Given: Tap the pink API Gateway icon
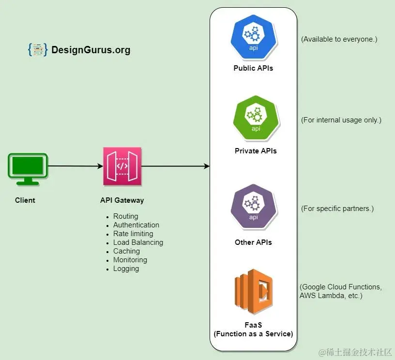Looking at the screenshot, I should (x=122, y=166).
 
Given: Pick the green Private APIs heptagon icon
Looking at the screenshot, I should (x=255, y=118).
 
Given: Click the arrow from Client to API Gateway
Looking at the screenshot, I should (x=75, y=166).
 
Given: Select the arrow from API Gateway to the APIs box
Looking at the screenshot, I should (x=174, y=166).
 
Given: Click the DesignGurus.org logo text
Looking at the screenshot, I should (x=91, y=50).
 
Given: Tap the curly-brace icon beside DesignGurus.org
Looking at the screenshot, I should (x=38, y=49).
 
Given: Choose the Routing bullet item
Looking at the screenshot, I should (x=125, y=216).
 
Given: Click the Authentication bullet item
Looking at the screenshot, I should (x=136, y=225).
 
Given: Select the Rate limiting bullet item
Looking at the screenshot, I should (x=133, y=234).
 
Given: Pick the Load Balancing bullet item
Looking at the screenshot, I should (x=138, y=242).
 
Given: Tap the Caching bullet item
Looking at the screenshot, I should (x=126, y=251).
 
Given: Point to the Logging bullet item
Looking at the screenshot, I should (x=126, y=269).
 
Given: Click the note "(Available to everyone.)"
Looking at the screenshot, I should (x=338, y=39).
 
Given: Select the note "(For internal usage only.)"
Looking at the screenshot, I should (x=341, y=120).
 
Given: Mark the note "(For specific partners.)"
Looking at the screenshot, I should (x=337, y=209).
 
